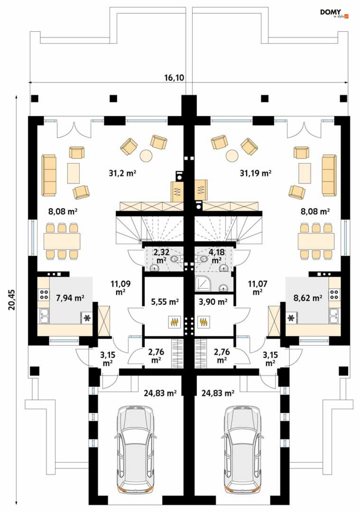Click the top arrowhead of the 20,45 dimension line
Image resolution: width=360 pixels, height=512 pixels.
(16, 97)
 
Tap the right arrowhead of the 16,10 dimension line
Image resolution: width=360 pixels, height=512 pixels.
(347, 82)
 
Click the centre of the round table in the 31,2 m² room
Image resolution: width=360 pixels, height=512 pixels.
(146, 156)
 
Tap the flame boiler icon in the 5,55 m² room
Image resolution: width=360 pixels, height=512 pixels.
(174, 322)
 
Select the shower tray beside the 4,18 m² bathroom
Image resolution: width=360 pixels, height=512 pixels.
(202, 283)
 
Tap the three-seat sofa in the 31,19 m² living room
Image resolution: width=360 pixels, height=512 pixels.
(329, 175)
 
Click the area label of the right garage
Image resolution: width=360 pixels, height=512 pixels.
(218, 393)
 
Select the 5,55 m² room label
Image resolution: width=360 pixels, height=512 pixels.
(165, 302)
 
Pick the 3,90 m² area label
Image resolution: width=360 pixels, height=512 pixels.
(213, 302)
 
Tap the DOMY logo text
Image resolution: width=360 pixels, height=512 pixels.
(330, 12)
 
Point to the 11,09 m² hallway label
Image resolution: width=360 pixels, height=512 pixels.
(120, 288)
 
